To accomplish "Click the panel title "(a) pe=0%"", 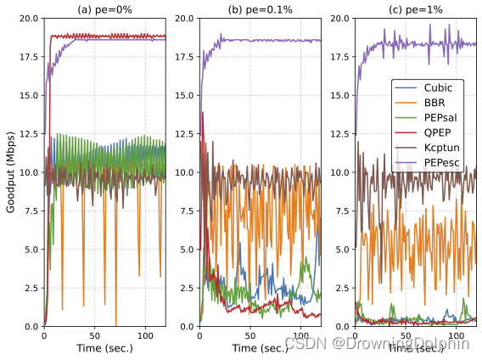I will pyautogui.click(x=104, y=9).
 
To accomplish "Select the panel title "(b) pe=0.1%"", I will pyautogui.click(x=260, y=9).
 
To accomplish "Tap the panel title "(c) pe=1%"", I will pyautogui.click(x=415, y=9).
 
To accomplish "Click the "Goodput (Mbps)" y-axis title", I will pyautogui.click(x=10, y=172).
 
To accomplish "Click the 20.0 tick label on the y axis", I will pyautogui.click(x=29, y=18).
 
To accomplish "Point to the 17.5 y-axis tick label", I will pyautogui.click(x=29, y=57).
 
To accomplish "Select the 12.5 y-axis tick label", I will pyautogui.click(x=29, y=133).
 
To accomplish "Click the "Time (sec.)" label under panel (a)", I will pyautogui.click(x=104, y=349).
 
